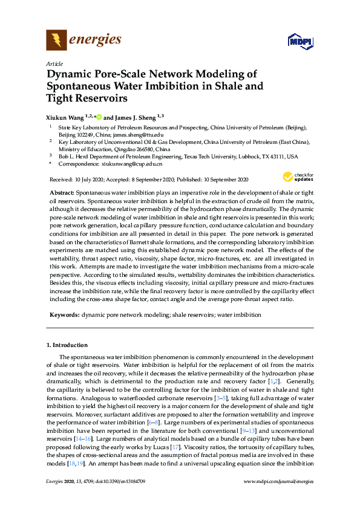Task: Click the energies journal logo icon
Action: pyautogui.click(x=56, y=41)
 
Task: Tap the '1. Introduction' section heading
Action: pyautogui.click(x=67, y=345)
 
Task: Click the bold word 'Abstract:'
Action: pyautogui.click(x=62, y=191)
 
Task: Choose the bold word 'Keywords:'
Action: pyautogui.click(x=64, y=315)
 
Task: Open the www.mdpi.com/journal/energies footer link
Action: pyautogui.click(x=278, y=498)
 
